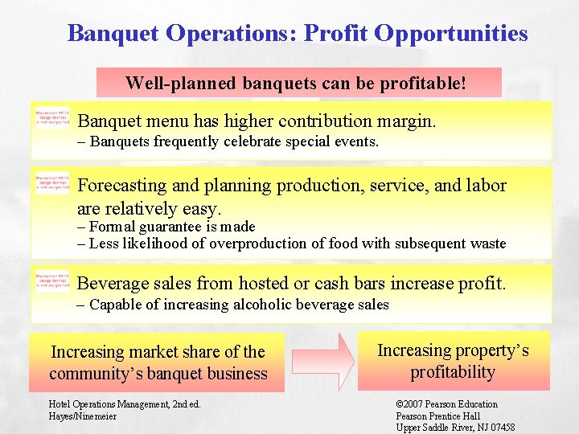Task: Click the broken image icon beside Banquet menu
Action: pos(53,119)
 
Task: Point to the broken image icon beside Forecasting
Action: pos(53,182)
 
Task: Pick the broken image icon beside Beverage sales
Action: pos(53,281)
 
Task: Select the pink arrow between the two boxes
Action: pos(322,362)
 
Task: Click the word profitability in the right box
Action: pos(453,371)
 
